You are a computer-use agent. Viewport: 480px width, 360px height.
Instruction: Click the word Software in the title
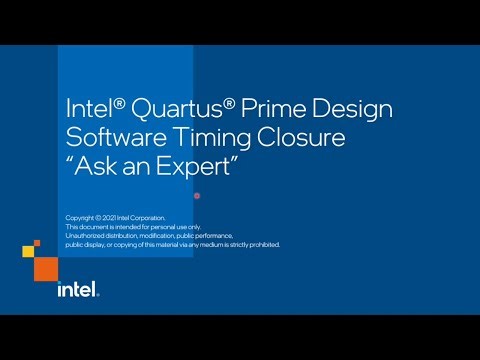[110, 136]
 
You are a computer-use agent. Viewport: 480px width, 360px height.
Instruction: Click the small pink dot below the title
[196, 195]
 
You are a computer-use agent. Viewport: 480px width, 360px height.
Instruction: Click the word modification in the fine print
[159, 236]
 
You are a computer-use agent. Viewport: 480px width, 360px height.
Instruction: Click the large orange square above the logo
[46, 267]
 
